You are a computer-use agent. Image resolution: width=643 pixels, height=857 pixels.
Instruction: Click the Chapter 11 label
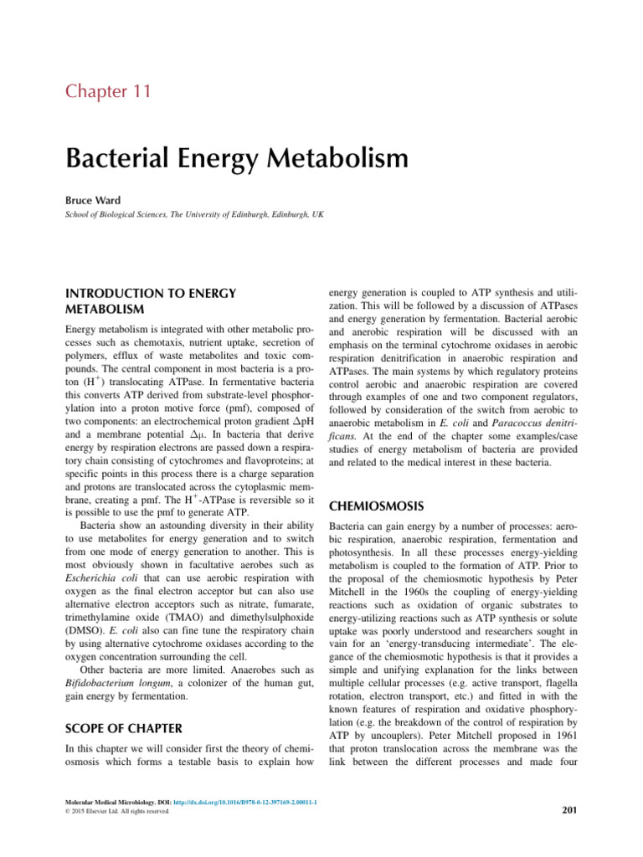click(x=108, y=91)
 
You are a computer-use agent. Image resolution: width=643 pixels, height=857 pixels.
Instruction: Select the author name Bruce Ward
click(x=95, y=201)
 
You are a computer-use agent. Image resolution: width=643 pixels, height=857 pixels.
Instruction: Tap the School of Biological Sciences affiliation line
click(x=193, y=215)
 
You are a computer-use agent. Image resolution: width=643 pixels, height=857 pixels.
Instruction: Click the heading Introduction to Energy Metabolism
click(x=151, y=301)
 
